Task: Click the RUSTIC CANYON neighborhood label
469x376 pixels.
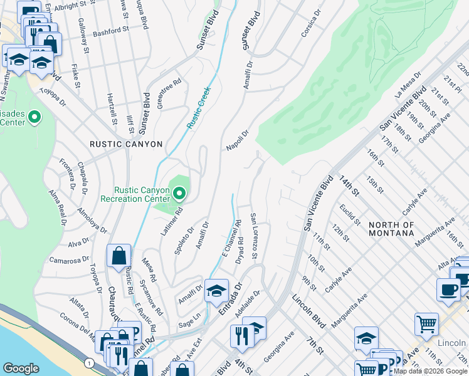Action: [x=126, y=144]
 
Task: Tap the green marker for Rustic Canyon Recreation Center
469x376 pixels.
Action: [x=180, y=193]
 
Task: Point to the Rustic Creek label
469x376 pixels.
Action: [x=198, y=108]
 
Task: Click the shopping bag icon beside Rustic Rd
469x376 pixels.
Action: [x=119, y=256]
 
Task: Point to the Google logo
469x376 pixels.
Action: [x=21, y=368]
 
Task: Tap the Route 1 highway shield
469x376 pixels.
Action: [x=90, y=363]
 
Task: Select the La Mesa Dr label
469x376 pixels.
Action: [x=407, y=92]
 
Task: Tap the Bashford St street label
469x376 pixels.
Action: [x=110, y=29]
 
